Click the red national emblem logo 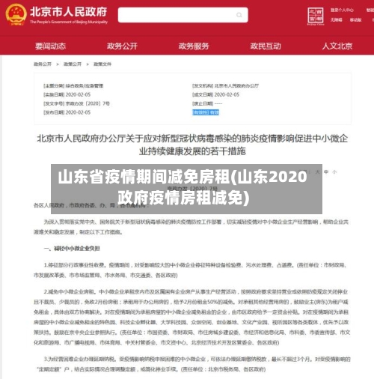pyautogui.click(x=15, y=16)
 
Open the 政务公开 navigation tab pyautogui.click(x=122, y=46)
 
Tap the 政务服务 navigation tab pyautogui.click(x=194, y=46)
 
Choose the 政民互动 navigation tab pyautogui.click(x=266, y=46)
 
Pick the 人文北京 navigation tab pyautogui.click(x=337, y=46)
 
